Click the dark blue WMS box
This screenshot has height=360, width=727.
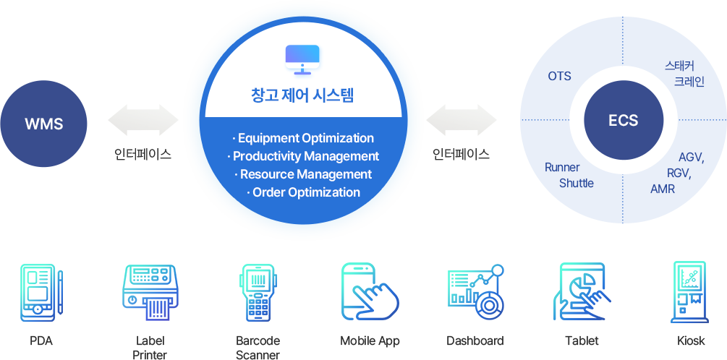(x=44, y=124)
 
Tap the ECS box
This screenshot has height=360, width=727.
(x=624, y=120)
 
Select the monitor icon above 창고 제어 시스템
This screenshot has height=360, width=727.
(x=302, y=59)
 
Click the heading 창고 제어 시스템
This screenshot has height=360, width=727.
(x=302, y=95)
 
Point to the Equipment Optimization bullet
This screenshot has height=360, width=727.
(x=303, y=138)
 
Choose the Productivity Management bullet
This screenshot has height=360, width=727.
(x=303, y=156)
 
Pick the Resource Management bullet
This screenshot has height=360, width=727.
(x=303, y=174)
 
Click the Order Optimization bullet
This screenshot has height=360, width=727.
(x=303, y=192)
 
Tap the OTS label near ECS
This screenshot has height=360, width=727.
(x=559, y=76)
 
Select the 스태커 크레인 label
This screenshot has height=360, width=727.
(x=684, y=74)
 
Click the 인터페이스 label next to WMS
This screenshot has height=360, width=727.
(x=143, y=154)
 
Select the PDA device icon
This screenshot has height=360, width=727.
(x=41, y=292)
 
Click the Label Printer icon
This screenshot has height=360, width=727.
(x=150, y=292)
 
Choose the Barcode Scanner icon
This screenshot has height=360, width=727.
(x=258, y=292)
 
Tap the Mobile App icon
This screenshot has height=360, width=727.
(x=369, y=292)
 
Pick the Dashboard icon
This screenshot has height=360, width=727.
(x=475, y=292)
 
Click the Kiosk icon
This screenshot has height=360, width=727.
(x=690, y=292)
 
